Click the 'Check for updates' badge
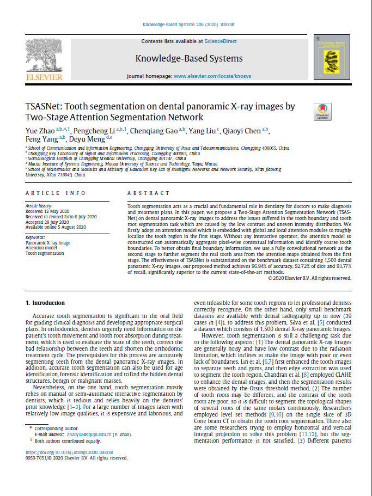tap(322, 111)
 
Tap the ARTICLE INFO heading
tap(56, 193)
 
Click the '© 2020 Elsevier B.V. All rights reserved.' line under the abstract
tap(309, 278)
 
